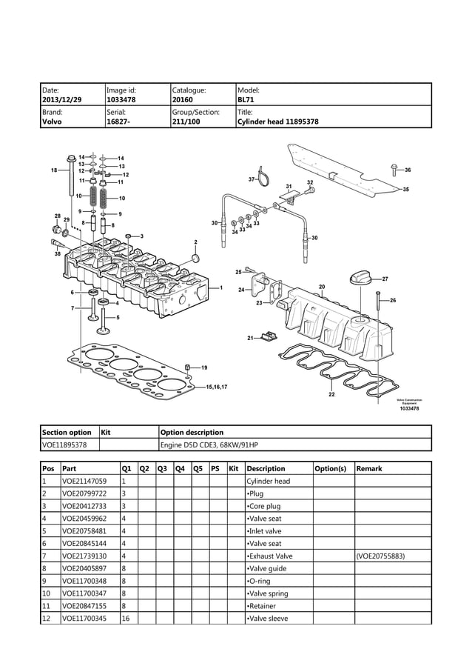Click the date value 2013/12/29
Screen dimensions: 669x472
tap(62, 98)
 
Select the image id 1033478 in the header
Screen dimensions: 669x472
tap(121, 98)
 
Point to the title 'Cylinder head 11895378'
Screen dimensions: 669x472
tap(277, 122)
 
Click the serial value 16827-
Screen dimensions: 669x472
tap(118, 122)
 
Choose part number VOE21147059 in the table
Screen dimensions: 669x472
tap(85, 481)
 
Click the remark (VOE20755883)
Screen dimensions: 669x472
tap(380, 556)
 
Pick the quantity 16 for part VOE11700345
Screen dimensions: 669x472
tap(125, 618)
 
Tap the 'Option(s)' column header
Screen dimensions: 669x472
tap(330, 468)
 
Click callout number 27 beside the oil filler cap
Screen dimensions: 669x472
tap(385, 279)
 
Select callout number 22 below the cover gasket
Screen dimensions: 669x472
tap(331, 395)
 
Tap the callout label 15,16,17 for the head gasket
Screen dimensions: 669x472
tap(217, 387)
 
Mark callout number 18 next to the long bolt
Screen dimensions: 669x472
tap(54, 170)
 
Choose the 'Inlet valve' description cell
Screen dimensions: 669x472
tap(264, 530)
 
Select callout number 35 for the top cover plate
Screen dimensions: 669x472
tap(405, 190)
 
